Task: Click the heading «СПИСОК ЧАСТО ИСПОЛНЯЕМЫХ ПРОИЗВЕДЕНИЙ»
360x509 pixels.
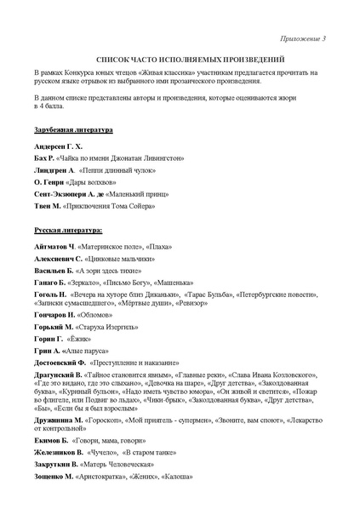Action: [180, 61]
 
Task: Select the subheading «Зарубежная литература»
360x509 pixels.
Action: [73, 129]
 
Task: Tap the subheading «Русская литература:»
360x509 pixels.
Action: [69, 231]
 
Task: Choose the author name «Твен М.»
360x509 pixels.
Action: [48, 206]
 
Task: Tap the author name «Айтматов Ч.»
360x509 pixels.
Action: [55, 245]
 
